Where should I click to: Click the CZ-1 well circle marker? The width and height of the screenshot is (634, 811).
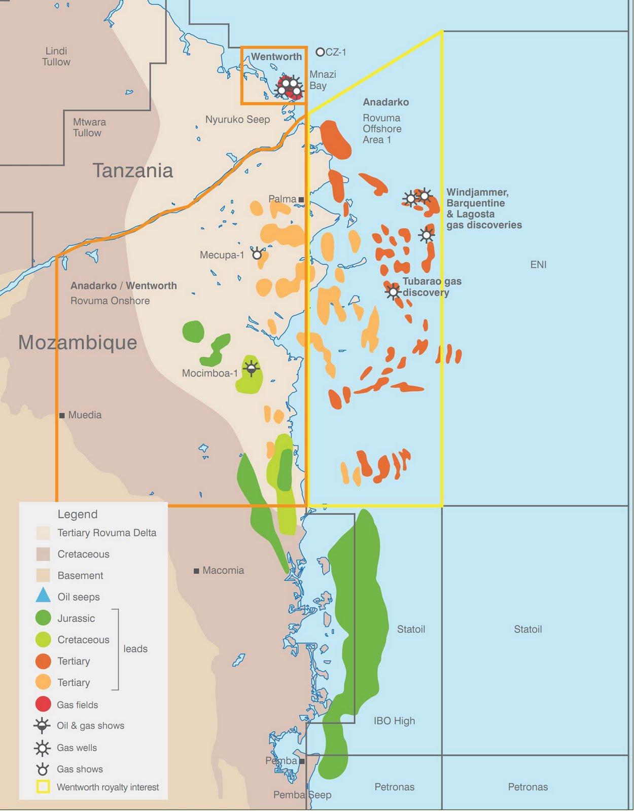point(320,52)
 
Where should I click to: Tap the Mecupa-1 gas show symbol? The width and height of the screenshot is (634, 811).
point(257,253)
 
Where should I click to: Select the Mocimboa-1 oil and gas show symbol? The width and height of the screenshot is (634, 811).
point(251,368)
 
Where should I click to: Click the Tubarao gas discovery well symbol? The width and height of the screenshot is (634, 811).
point(393,291)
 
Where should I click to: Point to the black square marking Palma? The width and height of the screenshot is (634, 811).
point(301,200)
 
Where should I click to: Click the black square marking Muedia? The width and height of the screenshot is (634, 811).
point(62,415)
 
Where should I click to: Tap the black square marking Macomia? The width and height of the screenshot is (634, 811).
point(196,571)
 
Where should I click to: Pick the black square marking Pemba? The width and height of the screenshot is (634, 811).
point(302,761)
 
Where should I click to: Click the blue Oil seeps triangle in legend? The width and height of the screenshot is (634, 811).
point(43,596)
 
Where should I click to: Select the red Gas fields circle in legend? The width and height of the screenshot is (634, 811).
point(43,704)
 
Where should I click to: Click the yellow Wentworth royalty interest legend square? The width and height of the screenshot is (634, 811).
point(43,787)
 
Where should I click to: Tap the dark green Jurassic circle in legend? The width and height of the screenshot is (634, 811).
point(43,618)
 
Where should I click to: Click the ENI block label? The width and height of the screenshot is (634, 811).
point(538,265)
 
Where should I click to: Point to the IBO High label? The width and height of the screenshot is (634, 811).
point(394,721)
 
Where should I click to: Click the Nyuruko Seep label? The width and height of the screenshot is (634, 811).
point(237,120)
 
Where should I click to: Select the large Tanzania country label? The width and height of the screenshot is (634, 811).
point(132,171)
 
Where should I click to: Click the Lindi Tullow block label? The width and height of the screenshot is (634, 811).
point(56,56)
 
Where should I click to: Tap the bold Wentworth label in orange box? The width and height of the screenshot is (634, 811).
point(276,57)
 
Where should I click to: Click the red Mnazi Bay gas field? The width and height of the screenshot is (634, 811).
point(291,90)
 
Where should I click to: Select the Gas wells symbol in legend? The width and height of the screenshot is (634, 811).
point(43,748)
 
